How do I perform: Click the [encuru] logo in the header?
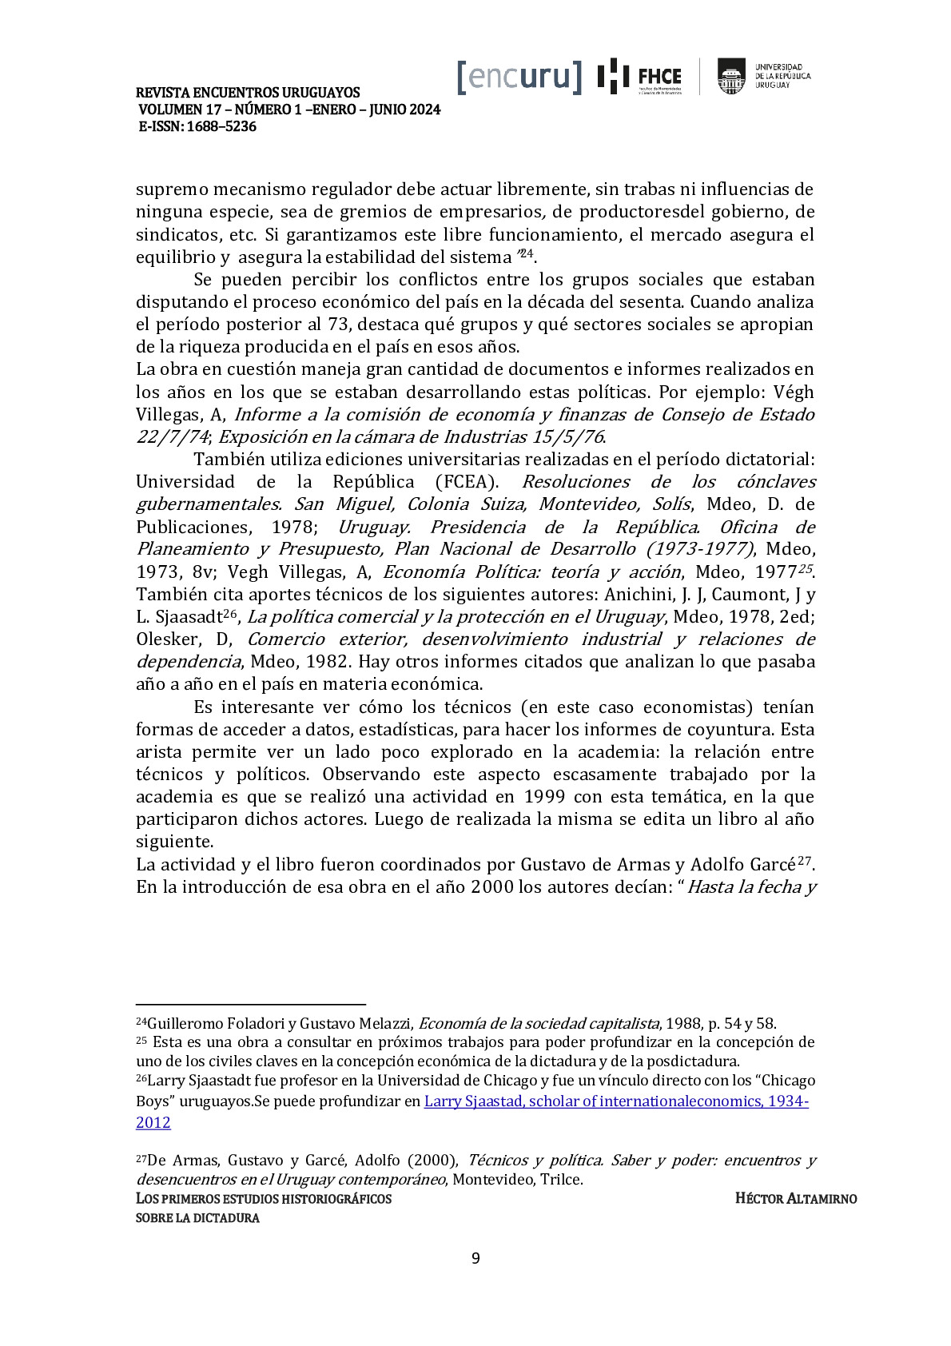[519, 76]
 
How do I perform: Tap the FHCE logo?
[640, 77]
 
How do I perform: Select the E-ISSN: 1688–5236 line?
[197, 126]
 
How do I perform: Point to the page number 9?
[475, 1258]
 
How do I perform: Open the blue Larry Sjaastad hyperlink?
[615, 1101]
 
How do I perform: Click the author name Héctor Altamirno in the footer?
[795, 1198]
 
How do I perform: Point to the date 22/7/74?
[172, 437]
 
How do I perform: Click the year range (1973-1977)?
[699, 549]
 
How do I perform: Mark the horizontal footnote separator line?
[250, 1004]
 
